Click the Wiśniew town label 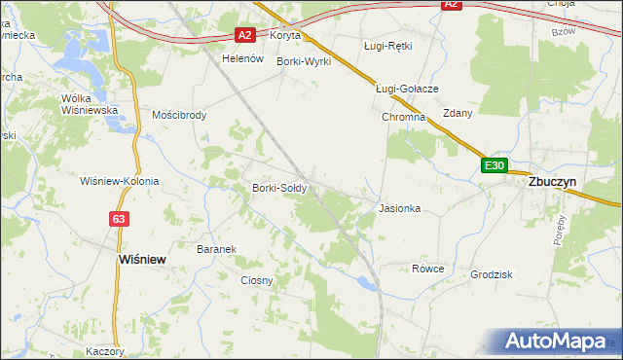pyautogui.click(x=140, y=260)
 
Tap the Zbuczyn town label pyautogui.click(x=555, y=181)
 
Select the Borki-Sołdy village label pyautogui.click(x=280, y=188)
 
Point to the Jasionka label pyautogui.click(x=399, y=208)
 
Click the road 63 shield pyautogui.click(x=119, y=220)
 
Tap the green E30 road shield pyautogui.click(x=495, y=166)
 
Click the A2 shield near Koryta pyautogui.click(x=245, y=36)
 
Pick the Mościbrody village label pyautogui.click(x=180, y=115)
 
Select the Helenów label pyautogui.click(x=243, y=58)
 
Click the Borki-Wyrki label pyautogui.click(x=304, y=61)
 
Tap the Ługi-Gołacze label pyautogui.click(x=408, y=89)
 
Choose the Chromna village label pyautogui.click(x=404, y=117)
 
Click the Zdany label pyautogui.click(x=458, y=113)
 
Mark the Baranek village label pyautogui.click(x=217, y=250)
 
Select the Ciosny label pyautogui.click(x=257, y=280)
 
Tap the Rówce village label pyautogui.click(x=427, y=269)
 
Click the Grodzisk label pyautogui.click(x=491, y=274)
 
